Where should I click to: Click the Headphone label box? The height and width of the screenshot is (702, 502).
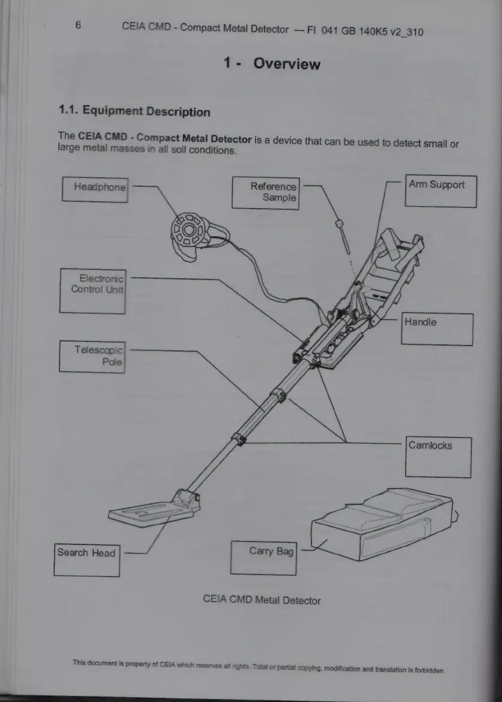[x=94, y=189]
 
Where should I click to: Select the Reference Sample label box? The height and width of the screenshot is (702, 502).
[x=265, y=192]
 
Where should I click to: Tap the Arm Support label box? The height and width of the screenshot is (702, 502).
[x=441, y=191]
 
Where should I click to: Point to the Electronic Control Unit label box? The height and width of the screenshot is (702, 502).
[x=93, y=290]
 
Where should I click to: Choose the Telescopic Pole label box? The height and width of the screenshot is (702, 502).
[x=92, y=356]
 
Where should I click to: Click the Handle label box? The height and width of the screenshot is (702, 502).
[x=437, y=329]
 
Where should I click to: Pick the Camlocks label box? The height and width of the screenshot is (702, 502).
[x=439, y=457]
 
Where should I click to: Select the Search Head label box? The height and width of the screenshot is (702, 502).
[x=87, y=560]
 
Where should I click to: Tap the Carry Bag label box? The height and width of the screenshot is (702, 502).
[x=264, y=557]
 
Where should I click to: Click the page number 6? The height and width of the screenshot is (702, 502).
[x=78, y=25]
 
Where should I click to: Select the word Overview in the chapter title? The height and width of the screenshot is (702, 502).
[x=287, y=64]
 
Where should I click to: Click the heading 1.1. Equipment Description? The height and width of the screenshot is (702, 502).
[x=134, y=111]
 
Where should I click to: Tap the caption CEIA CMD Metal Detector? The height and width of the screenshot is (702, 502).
[x=262, y=600]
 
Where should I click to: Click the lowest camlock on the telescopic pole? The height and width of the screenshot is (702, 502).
[x=240, y=439]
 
